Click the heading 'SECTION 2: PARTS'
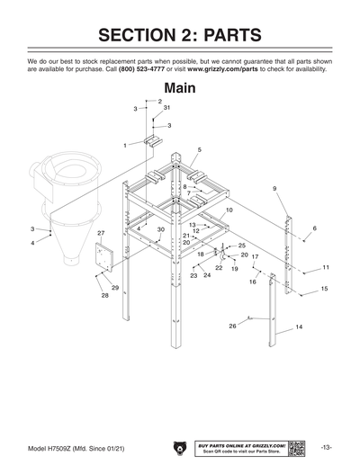click(180, 35)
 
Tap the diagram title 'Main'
click(179, 87)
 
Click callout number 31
click(166, 108)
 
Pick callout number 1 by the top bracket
click(126, 145)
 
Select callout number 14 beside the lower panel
click(299, 326)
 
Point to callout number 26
click(232, 326)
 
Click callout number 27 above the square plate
click(100, 233)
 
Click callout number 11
click(326, 267)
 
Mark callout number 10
click(229, 210)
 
